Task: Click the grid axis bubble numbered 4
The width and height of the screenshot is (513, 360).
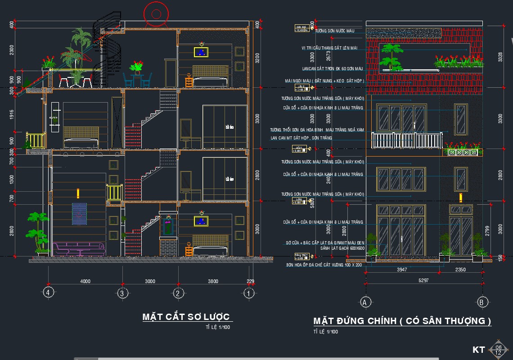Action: pyautogui.click(x=49, y=292)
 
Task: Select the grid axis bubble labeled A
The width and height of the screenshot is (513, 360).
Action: pyautogui.click(x=366, y=302)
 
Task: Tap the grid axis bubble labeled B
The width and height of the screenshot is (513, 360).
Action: pyautogui.click(x=482, y=302)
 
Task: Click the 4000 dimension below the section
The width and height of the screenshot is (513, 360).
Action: pyautogui.click(x=85, y=281)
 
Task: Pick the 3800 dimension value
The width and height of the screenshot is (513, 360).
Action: pyautogui.click(x=213, y=281)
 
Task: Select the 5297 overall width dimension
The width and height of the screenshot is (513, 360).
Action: pyautogui.click(x=423, y=280)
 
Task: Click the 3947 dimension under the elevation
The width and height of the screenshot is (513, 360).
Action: pyautogui.click(x=402, y=270)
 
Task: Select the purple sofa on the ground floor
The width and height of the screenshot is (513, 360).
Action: pyautogui.click(x=79, y=248)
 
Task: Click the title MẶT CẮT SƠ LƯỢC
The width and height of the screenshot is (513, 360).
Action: pyautogui.click(x=186, y=317)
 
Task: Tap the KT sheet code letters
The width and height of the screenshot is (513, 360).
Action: pyautogui.click(x=479, y=350)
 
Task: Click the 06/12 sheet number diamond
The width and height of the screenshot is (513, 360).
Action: pyautogui.click(x=498, y=350)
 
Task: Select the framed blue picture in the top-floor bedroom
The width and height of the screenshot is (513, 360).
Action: pyautogui.click(x=201, y=52)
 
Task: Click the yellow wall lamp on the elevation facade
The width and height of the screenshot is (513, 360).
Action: pyautogui.click(x=460, y=197)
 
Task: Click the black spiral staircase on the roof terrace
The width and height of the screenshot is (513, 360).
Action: pyautogui.click(x=108, y=52)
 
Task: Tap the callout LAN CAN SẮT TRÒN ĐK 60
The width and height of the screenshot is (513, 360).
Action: pyautogui.click(x=333, y=69)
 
